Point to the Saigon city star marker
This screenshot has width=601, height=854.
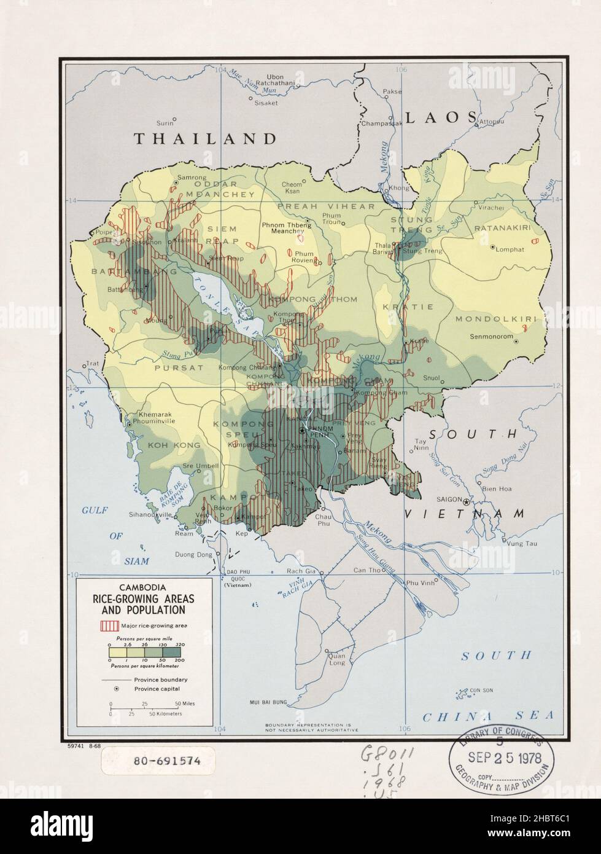(x=467, y=502)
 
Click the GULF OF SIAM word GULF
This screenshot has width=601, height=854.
(x=95, y=509)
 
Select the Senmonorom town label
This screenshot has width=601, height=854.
(x=490, y=336)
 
